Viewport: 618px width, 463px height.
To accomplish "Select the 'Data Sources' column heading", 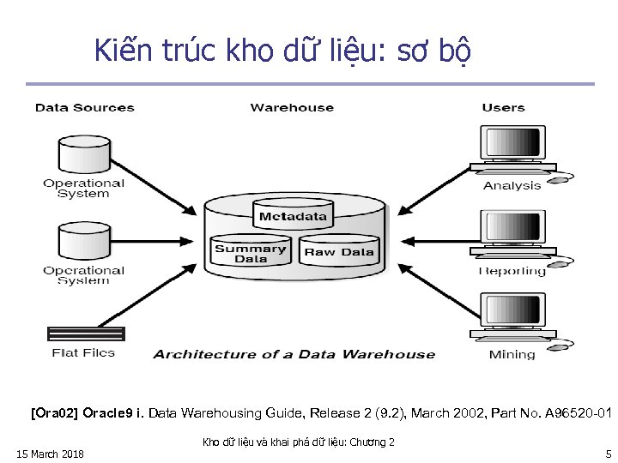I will [x=84, y=108].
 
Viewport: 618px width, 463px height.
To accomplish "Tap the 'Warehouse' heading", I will [x=292, y=108].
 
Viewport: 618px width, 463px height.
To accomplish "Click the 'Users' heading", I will [x=503, y=108].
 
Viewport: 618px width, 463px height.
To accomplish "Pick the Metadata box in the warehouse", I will [x=293, y=216].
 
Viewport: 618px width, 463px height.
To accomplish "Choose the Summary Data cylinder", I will [x=250, y=253].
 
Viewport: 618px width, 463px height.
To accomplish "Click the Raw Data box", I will [x=339, y=252].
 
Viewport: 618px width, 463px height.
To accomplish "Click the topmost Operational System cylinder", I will [x=83, y=153].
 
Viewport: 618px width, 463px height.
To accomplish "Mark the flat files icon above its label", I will [x=85, y=334].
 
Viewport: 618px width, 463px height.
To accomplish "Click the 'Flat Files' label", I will [x=83, y=353].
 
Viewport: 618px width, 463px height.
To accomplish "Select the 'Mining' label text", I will [x=512, y=355].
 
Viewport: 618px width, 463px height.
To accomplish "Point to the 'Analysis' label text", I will [x=512, y=186].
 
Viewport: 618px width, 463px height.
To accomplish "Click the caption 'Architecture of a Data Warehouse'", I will [x=294, y=354].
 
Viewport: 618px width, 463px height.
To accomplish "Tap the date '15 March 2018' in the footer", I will [x=50, y=454].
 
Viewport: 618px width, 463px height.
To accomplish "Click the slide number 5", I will [x=608, y=454].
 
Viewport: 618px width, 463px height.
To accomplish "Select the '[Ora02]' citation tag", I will [x=54, y=413].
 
